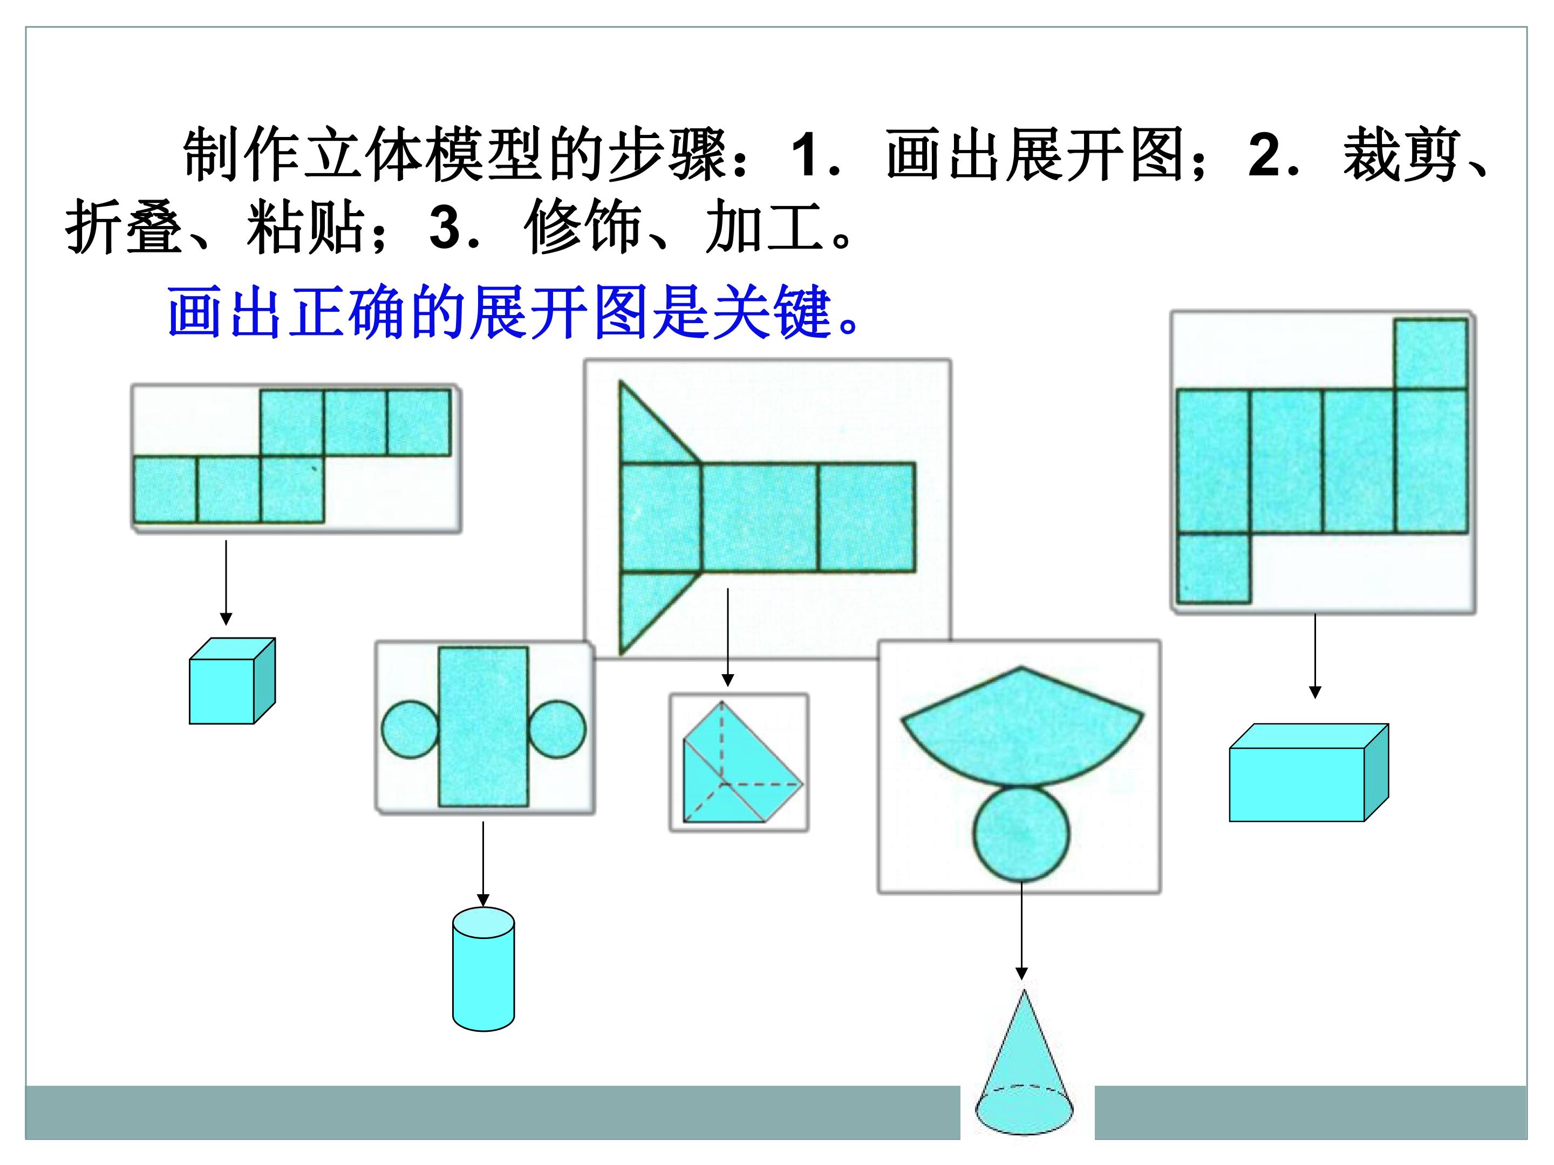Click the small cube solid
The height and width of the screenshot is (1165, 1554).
[232, 681]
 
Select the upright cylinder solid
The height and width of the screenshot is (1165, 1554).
[483, 969]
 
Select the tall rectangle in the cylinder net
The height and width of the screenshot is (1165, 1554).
[483, 727]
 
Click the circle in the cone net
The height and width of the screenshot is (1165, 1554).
[1021, 833]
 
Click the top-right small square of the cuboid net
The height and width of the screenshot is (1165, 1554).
[1430, 354]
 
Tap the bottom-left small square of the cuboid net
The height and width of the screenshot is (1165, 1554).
[1214, 568]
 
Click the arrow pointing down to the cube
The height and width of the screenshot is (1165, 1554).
[226, 583]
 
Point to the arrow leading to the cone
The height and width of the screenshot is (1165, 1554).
[1021, 931]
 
